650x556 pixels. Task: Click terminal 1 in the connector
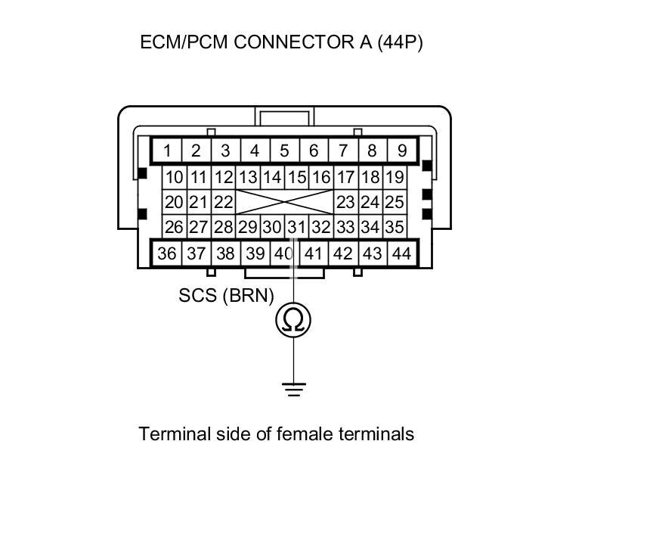166,151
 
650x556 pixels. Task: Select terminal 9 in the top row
401,151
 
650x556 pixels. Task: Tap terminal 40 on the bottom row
283,253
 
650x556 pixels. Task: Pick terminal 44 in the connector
401,253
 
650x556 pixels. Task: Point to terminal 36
166,253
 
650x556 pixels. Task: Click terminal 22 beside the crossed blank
222,202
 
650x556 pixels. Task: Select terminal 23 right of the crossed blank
345,202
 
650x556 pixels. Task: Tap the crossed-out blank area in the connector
284,202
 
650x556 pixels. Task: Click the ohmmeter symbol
293,320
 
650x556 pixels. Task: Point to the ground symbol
293,389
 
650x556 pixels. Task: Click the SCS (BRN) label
226,295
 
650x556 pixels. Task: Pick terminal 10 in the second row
174,178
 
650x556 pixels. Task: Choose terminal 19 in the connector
394,178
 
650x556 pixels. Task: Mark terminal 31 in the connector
296,226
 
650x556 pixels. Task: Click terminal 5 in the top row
284,151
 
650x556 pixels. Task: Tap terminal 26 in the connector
174,226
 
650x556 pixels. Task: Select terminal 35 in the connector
394,226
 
